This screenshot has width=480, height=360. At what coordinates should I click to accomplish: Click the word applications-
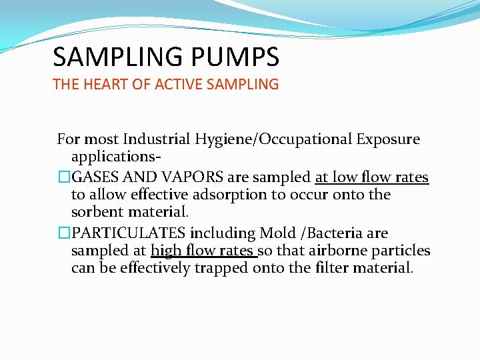(x=115, y=157)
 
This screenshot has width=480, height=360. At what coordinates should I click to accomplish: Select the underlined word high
(x=167, y=251)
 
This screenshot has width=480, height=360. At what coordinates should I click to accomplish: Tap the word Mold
(x=277, y=233)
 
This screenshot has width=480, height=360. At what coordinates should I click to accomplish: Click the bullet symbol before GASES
(x=64, y=178)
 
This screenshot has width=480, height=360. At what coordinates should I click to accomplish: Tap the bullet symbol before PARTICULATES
(x=64, y=233)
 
